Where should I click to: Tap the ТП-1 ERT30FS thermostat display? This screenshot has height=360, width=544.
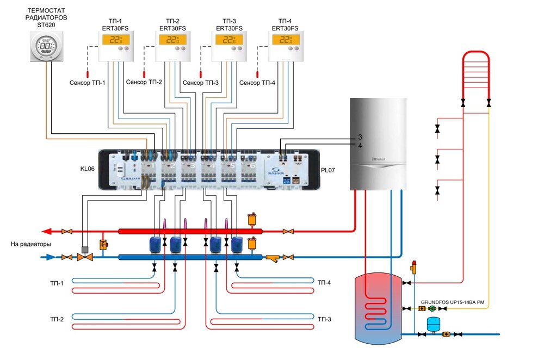pos(113,40)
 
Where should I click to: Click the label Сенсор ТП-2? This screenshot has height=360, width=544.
pos(144,83)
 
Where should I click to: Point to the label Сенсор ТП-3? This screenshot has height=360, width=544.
pos(201,83)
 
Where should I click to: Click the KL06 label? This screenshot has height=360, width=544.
pos(87,169)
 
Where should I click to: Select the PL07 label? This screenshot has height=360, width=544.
pos(328,170)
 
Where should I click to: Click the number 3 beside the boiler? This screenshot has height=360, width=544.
pos(360,136)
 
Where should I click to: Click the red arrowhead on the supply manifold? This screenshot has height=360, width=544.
pos(47,231)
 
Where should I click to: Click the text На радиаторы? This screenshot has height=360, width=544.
pos(31,244)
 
